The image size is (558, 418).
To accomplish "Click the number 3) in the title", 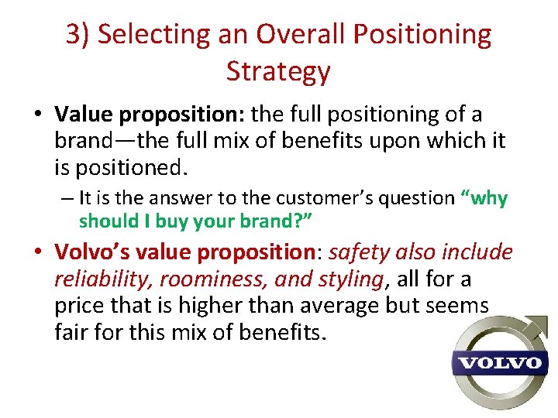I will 78,35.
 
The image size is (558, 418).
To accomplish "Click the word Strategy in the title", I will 278,71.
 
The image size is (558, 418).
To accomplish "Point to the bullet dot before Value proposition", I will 37,116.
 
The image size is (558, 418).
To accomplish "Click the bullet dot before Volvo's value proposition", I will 37,253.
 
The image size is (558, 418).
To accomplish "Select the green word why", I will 487,198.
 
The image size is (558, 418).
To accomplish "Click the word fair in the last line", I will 71,333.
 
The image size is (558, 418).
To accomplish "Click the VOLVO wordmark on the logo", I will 497,362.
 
